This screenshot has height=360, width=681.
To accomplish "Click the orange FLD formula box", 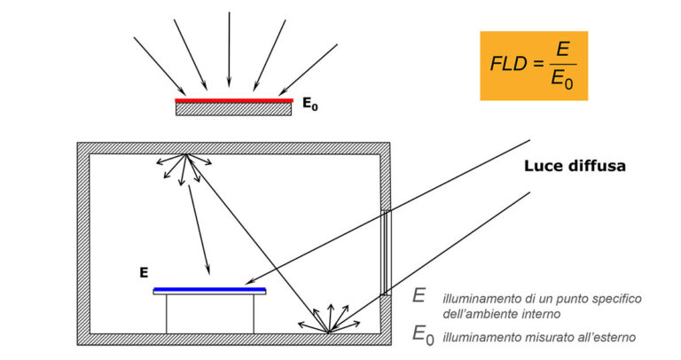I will [534, 65].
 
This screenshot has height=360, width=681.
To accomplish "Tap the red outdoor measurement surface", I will [233, 101].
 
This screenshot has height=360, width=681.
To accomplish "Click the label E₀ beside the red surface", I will [309, 105].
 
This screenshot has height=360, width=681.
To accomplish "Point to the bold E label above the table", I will [143, 273].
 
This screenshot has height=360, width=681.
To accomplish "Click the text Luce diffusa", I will [575, 165].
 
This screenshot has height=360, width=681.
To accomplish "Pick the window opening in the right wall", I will [385, 253].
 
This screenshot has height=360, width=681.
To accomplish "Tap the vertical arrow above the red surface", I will [229, 49].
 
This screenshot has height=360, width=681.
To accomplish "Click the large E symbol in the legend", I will [419, 297].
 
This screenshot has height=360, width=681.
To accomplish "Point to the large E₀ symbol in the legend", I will [423, 334].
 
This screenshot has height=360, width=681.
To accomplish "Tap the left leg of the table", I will [167, 314].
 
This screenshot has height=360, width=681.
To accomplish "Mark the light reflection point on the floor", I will [328, 333].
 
